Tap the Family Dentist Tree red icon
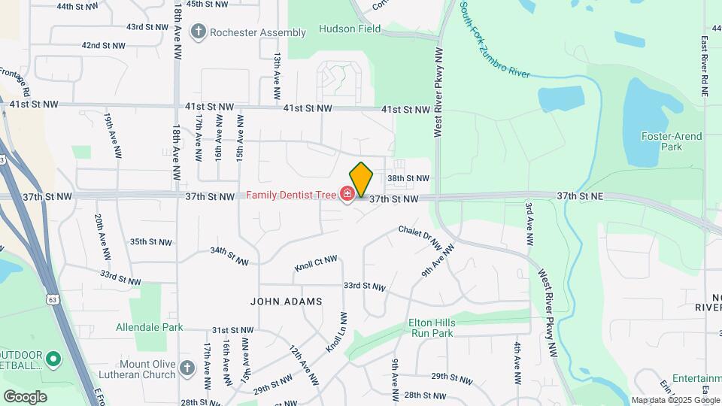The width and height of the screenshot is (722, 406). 347,195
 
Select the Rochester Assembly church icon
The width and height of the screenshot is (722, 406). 199,32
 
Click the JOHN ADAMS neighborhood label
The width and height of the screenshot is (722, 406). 286,301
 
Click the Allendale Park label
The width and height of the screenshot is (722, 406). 150,328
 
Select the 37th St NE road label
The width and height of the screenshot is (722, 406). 581,195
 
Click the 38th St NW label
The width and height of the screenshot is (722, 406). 408,179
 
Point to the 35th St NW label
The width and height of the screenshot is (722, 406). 148,242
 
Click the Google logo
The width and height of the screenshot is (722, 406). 25,397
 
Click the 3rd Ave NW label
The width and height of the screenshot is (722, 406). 529,223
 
